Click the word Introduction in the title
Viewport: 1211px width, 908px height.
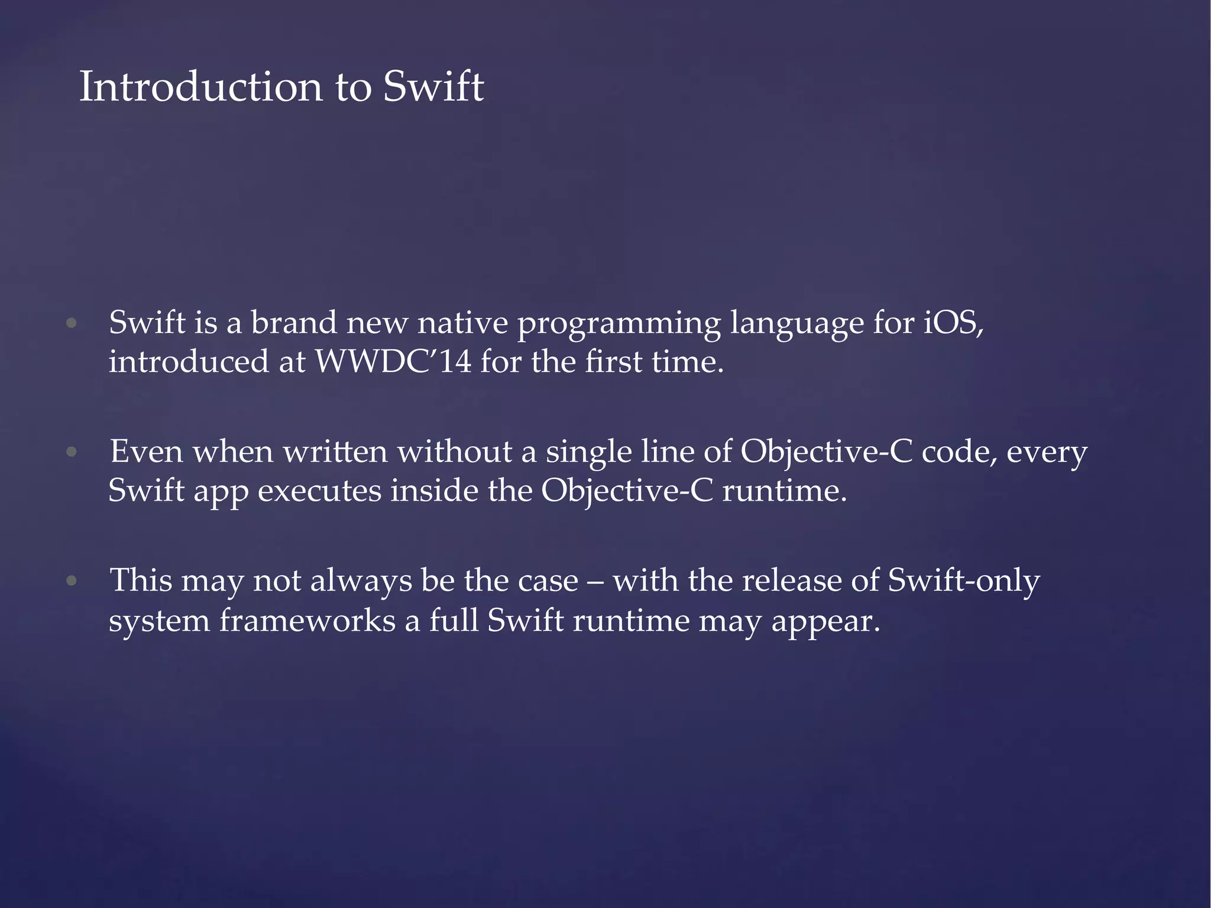point(200,87)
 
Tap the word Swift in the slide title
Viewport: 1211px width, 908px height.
point(433,87)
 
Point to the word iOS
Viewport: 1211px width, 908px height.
point(953,323)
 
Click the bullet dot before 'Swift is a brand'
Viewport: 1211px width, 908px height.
point(72,323)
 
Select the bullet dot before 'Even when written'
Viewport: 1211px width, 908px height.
point(72,452)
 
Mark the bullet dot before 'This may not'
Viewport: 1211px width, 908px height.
point(72,581)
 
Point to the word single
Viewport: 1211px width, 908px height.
point(588,453)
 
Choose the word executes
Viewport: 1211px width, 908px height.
point(319,491)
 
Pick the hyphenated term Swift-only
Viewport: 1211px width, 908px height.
point(963,581)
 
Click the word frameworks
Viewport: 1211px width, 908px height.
point(307,621)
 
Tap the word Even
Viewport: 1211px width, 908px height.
point(147,452)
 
